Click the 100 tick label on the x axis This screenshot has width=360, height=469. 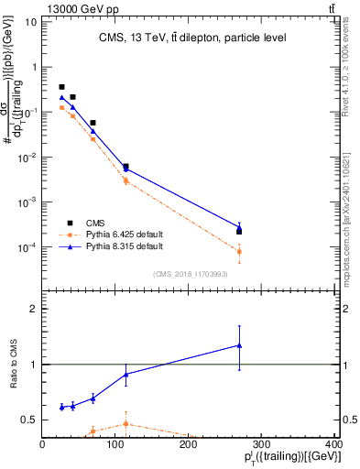coord(115,448)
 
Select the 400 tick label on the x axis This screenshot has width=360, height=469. coord(334,448)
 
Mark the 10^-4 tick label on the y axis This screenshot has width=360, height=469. coord(27,247)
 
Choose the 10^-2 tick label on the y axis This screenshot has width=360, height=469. coord(27,157)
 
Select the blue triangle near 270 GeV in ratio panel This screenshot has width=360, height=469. coord(239,345)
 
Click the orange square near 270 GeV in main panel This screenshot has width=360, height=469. coord(239,251)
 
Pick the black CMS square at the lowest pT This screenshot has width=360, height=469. coord(61,87)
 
